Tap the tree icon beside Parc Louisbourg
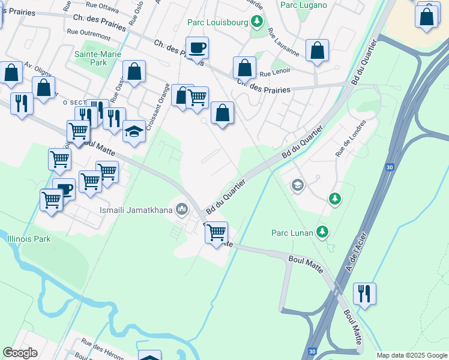pyautogui.click(x=257, y=22)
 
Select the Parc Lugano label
pyautogui.click(x=304, y=5)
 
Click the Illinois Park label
pyautogui.click(x=28, y=239)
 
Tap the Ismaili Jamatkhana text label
pyautogui.click(x=136, y=210)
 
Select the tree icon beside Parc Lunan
pyautogui.click(x=323, y=231)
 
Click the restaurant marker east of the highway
pyautogui.click(x=364, y=293)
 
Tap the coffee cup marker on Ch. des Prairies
pyautogui.click(x=196, y=47)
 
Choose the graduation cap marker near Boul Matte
pyautogui.click(x=134, y=130)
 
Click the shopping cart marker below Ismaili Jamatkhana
pyautogui.click(x=216, y=231)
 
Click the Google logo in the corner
pyautogui.click(x=20, y=353)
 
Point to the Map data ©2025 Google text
pyautogui.click(x=411, y=355)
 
